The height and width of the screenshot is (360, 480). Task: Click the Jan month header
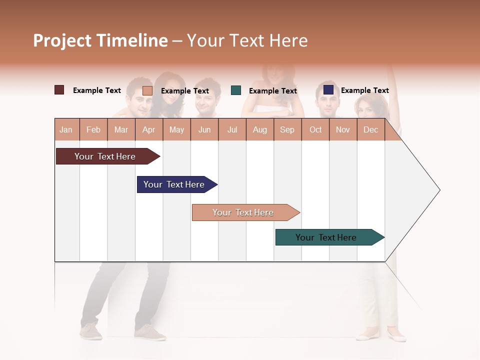[66, 129]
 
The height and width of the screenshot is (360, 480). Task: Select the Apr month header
[149, 129]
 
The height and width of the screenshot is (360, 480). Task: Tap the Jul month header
[232, 129]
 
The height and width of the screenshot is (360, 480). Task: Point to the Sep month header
[287, 129]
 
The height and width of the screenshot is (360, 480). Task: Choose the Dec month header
[370, 129]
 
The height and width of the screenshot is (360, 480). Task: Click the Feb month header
[93, 129]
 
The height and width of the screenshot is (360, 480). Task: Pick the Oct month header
[315, 129]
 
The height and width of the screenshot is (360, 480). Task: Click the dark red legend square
[59, 90]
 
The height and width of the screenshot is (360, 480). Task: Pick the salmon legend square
[147, 90]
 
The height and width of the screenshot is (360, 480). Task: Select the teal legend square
[236, 90]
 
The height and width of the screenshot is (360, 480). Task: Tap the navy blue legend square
[328, 90]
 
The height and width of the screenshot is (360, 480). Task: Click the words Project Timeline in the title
[100, 40]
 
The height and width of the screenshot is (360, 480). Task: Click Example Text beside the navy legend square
[364, 90]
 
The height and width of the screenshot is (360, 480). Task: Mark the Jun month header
[204, 129]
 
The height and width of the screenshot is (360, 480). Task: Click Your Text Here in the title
[247, 40]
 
